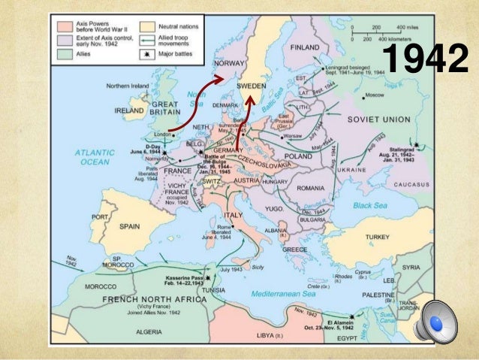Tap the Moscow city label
pyautogui.click(x=373, y=95)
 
